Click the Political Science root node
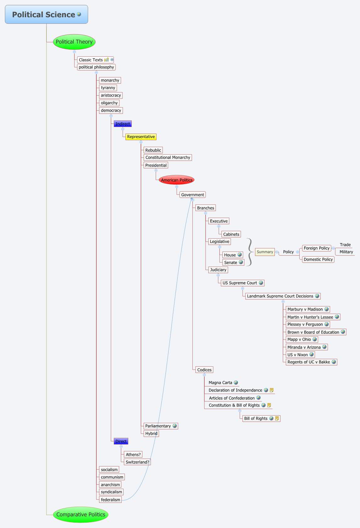coord(46,14)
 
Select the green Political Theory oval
coord(74,42)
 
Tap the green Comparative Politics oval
coord(81,515)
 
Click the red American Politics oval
coord(176,180)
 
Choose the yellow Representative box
coord(141,137)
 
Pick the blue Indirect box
coord(122,124)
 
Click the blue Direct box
coord(121,441)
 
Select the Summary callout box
coord(265,252)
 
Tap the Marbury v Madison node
coord(305,309)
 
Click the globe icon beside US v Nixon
coord(311,355)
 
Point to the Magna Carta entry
coord(220,383)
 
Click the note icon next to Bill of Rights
coord(277,418)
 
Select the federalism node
coord(110,500)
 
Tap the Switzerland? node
coord(137,462)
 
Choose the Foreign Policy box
coord(316,248)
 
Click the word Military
coord(346,252)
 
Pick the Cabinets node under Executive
coord(231,234)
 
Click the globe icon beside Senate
coord(241,262)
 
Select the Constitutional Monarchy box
coord(168,157)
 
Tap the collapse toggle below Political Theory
coord(74,52)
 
